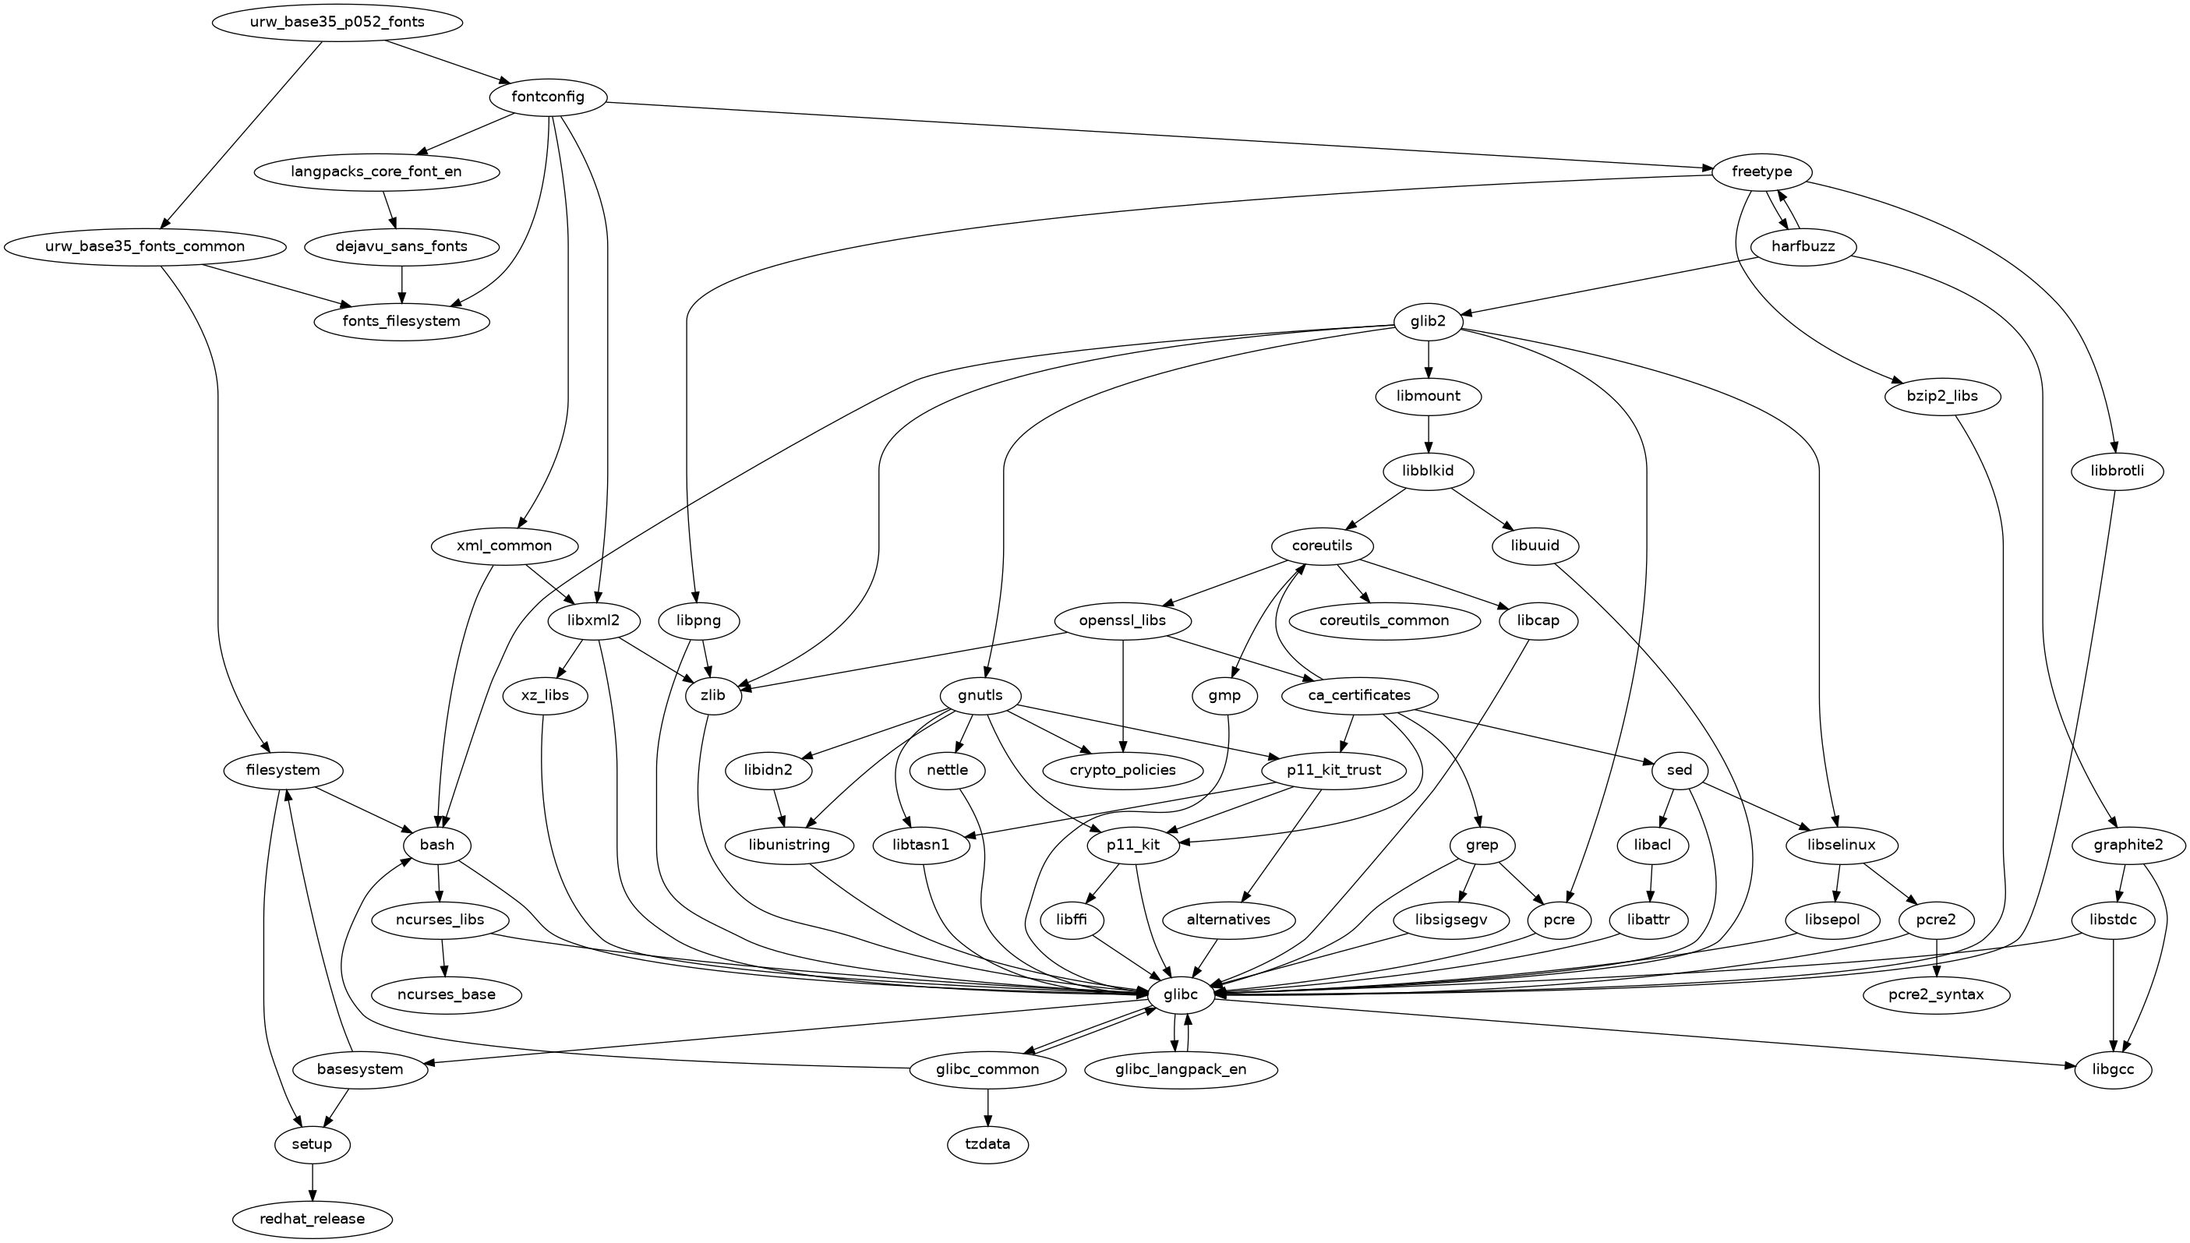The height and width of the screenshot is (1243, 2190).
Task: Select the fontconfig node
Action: click(x=548, y=97)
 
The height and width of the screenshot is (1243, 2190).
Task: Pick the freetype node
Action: click(x=1761, y=171)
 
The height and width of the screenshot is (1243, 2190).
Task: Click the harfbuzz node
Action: click(x=1803, y=248)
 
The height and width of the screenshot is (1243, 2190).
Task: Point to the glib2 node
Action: click(x=1429, y=322)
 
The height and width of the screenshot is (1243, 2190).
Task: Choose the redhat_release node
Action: click(x=313, y=1219)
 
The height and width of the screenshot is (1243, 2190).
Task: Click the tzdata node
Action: click(x=988, y=1144)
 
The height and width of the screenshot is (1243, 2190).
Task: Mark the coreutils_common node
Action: click(x=1383, y=620)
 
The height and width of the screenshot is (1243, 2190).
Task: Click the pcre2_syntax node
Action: click(x=1936, y=994)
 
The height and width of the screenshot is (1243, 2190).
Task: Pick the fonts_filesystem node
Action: click(x=402, y=322)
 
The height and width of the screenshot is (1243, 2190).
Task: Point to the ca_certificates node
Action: click(x=1360, y=696)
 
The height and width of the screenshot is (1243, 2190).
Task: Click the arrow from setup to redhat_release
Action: click(x=313, y=1181)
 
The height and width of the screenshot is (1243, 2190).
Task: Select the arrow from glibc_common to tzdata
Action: click(x=988, y=1107)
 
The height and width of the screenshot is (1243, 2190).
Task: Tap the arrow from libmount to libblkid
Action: click(x=1429, y=433)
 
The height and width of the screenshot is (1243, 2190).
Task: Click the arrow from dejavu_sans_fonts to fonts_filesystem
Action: click(x=402, y=284)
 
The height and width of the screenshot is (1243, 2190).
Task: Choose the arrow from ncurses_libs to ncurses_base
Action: click(x=443, y=957)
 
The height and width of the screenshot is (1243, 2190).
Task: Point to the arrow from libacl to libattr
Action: click(x=1651, y=883)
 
